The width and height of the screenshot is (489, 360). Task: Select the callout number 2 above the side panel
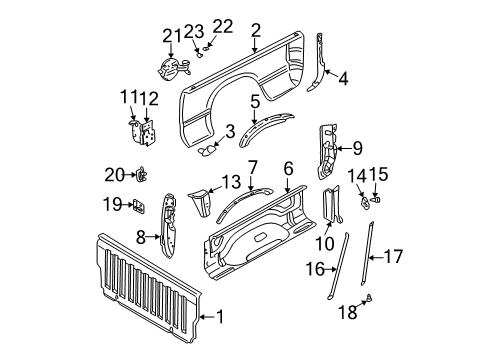coord(256,30)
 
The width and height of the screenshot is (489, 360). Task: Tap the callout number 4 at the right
coord(343,76)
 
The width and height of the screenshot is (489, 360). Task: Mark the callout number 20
coord(115,175)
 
